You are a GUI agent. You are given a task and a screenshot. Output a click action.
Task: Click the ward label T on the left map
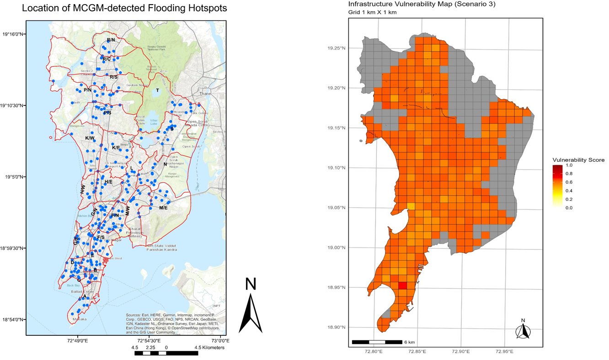[158, 90]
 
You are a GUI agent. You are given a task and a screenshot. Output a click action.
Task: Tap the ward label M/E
[163, 208]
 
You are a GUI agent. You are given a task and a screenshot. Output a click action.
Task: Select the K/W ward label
[90, 138]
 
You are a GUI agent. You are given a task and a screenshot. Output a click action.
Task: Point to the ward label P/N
[87, 90]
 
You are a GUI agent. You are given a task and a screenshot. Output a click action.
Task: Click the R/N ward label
[111, 40]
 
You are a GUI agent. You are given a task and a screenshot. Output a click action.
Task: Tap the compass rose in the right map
[523, 331]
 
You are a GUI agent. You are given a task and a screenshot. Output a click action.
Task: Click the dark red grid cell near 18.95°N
[402, 286]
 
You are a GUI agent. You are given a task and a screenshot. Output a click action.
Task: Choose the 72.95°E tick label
[505, 352]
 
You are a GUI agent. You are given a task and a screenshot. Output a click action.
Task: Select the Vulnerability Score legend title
[578, 160]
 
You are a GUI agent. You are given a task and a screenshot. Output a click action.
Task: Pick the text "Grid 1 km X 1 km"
[372, 12]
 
